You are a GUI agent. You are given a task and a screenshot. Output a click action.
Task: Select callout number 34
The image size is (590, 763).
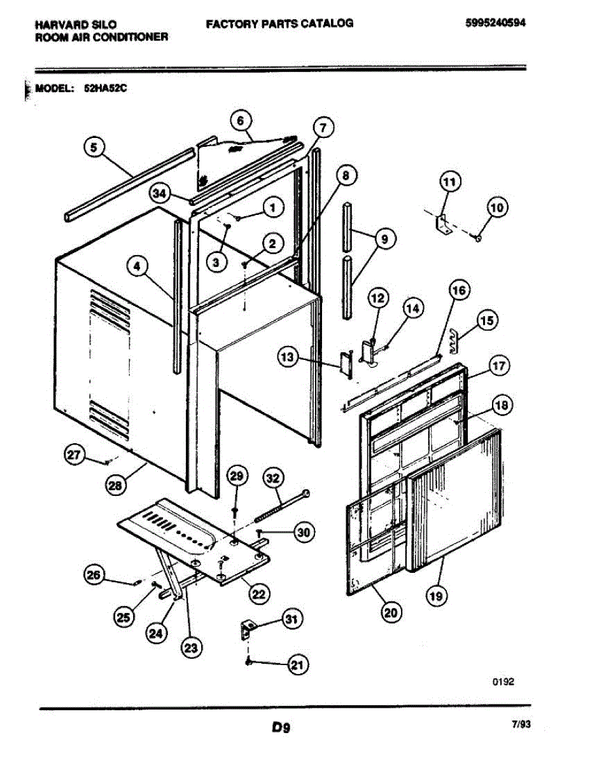tap(160, 193)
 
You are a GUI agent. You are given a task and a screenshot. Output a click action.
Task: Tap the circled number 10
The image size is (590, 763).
tap(497, 207)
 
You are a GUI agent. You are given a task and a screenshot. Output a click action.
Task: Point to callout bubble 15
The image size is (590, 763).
tap(487, 321)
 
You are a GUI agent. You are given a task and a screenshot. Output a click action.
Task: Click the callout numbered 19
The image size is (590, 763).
tap(437, 596)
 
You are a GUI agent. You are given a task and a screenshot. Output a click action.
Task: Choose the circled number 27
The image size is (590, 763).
tap(76, 454)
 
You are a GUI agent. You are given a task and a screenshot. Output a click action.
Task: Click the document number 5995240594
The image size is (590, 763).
tap(498, 24)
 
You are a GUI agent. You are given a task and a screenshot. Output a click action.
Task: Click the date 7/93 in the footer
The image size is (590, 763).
tap(520, 723)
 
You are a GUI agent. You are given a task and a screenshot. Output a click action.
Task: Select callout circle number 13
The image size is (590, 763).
tap(287, 359)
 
